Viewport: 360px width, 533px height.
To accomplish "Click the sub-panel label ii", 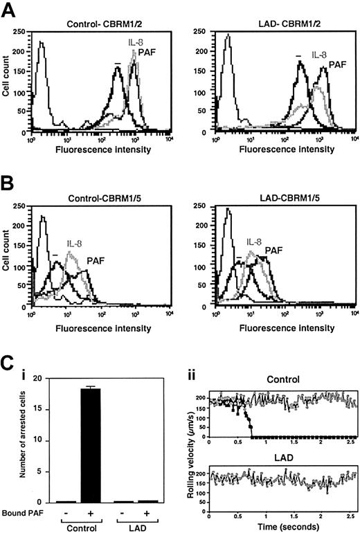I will click(x=194, y=377).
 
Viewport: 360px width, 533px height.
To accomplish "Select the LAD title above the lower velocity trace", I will click(x=280, y=454).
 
